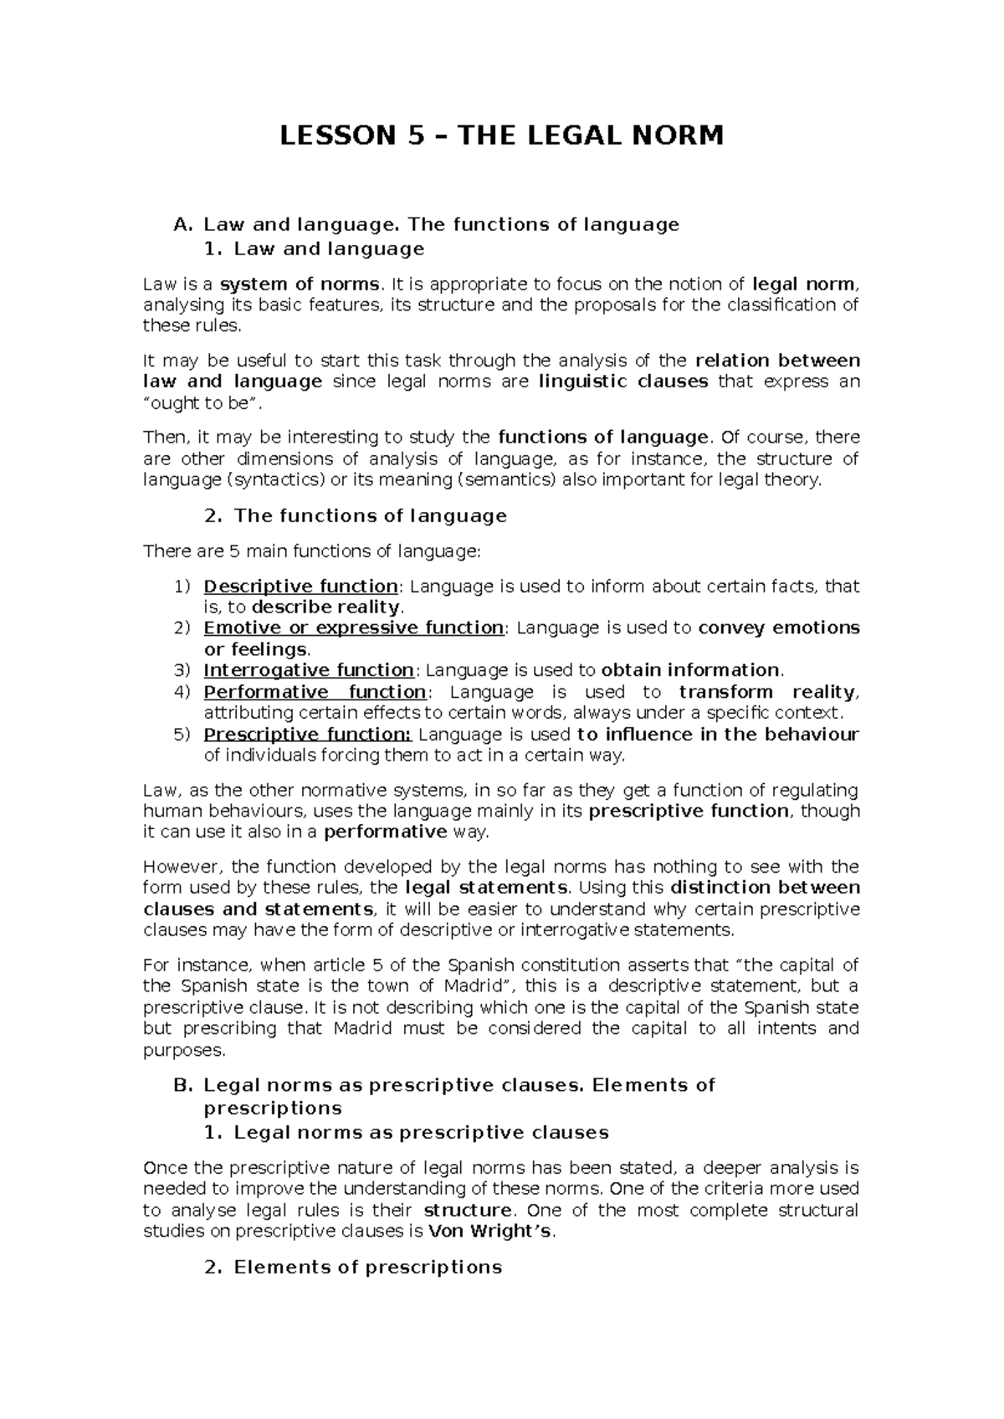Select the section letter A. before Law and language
point(182,224)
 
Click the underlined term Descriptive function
point(300,587)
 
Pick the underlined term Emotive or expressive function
point(354,628)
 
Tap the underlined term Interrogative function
point(309,670)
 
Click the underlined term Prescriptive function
point(307,735)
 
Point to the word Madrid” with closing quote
point(481,986)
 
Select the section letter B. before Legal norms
point(182,1085)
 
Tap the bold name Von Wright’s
point(489,1231)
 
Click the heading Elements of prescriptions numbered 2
point(367,1267)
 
